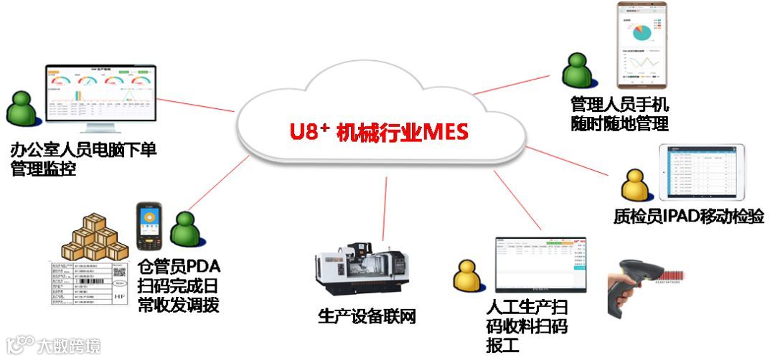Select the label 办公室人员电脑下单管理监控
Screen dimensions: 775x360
click(x=83, y=159)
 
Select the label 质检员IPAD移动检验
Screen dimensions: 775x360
click(x=679, y=216)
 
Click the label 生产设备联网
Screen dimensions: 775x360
click(x=367, y=316)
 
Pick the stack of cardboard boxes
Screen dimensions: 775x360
click(x=94, y=237)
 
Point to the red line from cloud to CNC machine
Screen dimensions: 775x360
click(x=385, y=201)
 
